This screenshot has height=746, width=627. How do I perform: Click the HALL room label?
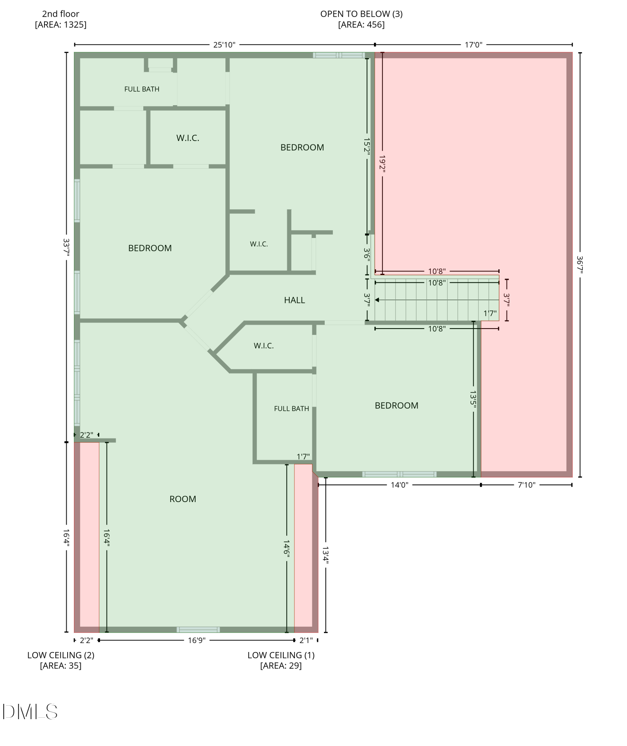[294, 300]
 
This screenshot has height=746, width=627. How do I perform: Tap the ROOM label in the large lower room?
[183, 499]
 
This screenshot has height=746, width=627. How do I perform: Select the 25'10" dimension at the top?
[224, 45]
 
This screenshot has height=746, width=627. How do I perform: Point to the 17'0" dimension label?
[474, 45]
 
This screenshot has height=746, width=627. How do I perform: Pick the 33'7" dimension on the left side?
[66, 247]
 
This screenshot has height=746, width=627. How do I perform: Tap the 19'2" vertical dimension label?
[382, 164]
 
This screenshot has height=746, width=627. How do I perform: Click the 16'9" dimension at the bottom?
[197, 640]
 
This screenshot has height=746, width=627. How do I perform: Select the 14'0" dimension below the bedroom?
[400, 485]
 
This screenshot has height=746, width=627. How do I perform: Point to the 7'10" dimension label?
[527, 485]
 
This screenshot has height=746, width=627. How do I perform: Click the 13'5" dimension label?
[473, 399]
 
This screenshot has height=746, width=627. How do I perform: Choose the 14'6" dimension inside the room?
[287, 549]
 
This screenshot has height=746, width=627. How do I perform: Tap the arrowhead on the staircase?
[377, 300]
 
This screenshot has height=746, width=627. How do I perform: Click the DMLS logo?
[30, 712]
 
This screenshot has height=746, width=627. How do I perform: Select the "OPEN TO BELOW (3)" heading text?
[361, 14]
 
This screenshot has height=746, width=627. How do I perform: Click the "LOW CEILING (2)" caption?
[61, 655]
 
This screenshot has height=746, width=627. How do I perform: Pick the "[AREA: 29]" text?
[281, 666]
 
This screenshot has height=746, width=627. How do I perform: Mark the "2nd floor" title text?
[60, 14]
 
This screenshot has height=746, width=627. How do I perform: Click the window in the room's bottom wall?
[198, 630]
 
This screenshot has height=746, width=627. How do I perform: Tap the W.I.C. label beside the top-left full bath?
[188, 138]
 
